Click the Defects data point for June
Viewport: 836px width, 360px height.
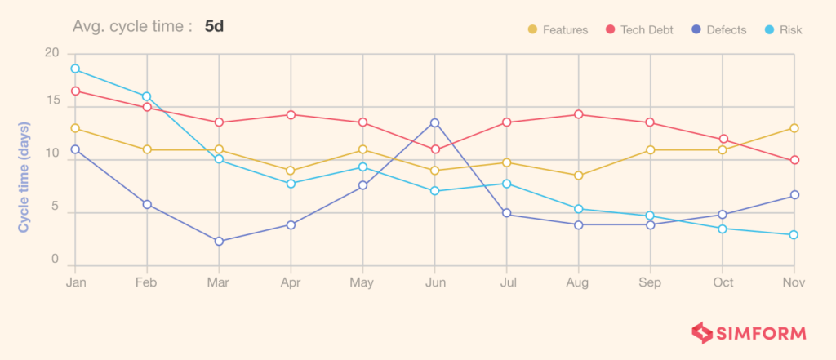(434, 122)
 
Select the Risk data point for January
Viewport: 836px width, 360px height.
(75, 69)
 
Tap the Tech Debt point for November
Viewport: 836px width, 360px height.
(794, 160)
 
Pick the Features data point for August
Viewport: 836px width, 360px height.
(579, 176)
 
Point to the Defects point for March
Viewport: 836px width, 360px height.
(219, 242)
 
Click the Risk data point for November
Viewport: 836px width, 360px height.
(794, 235)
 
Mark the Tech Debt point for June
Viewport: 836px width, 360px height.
(434, 149)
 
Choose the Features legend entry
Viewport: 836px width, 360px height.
(558, 30)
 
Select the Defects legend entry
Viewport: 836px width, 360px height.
(718, 30)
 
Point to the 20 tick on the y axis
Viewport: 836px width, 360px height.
(52, 53)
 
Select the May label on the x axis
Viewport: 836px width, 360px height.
(362, 282)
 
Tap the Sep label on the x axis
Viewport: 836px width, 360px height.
(651, 282)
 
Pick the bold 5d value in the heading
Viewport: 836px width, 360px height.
(215, 26)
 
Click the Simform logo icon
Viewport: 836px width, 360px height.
(702, 333)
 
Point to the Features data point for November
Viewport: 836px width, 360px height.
(794, 128)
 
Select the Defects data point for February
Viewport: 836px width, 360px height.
(147, 204)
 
